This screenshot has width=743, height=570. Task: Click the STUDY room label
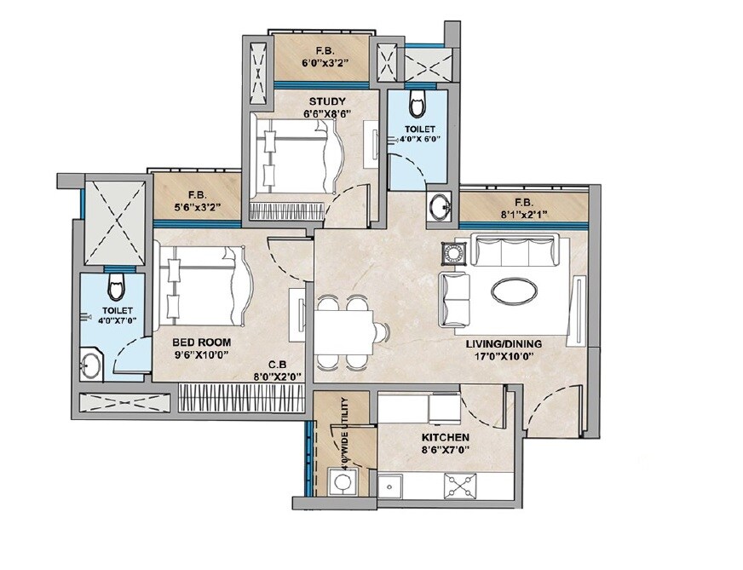(327, 103)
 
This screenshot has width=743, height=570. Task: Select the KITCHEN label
(445, 438)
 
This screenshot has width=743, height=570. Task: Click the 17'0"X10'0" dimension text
(504, 357)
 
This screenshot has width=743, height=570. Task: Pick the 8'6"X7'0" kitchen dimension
(445, 450)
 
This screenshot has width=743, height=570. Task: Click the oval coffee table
(514, 291)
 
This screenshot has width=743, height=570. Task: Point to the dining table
(343, 331)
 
